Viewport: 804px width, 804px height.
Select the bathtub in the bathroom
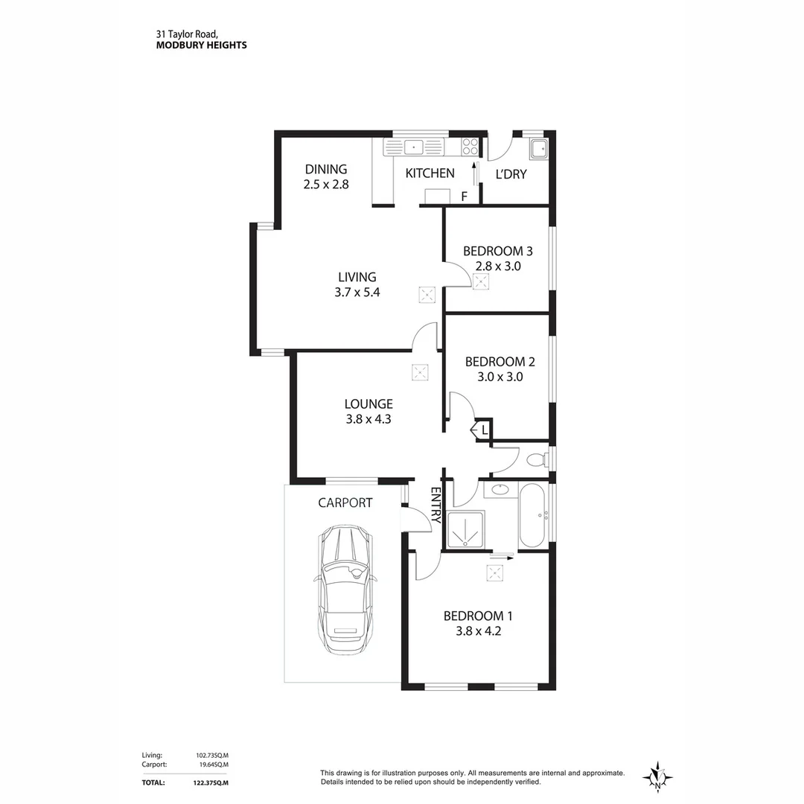click(532, 516)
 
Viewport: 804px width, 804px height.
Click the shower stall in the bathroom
click(465, 529)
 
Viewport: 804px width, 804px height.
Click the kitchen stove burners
click(470, 147)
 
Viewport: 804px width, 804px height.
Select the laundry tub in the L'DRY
click(538, 150)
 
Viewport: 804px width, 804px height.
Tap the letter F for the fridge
click(464, 197)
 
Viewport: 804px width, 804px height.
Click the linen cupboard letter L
click(484, 430)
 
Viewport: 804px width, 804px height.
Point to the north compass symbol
click(657, 777)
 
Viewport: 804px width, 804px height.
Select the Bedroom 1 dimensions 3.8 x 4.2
click(478, 631)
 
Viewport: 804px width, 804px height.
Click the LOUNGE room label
click(368, 404)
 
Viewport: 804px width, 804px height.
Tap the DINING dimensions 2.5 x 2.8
click(325, 185)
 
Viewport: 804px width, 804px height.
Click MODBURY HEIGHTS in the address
click(201, 45)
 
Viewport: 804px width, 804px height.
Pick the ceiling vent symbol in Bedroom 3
click(481, 281)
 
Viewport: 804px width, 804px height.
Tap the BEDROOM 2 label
click(500, 362)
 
